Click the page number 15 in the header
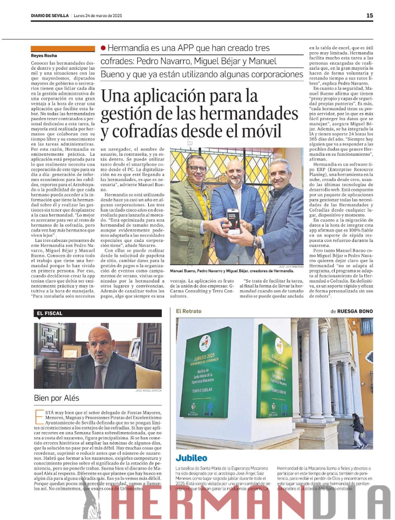(x=369, y=15)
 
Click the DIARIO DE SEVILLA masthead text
(x=50, y=15)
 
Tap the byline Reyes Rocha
(x=44, y=55)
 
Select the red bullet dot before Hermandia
(x=103, y=49)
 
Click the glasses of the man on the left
(x=197, y=167)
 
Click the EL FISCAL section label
(x=50, y=313)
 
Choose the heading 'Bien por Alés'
(x=57, y=398)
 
